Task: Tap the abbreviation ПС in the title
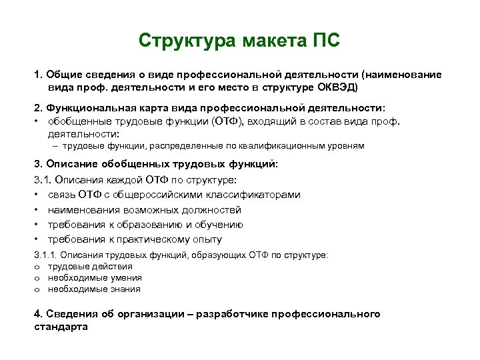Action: [x=325, y=41]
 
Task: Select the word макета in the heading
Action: [x=267, y=41]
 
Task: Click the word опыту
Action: [x=205, y=239]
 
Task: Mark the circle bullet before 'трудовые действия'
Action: [x=37, y=267]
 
